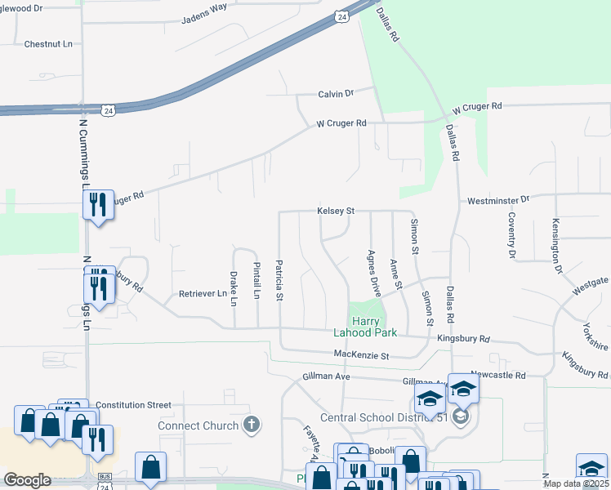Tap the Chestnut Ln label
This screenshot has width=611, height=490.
pos(48,43)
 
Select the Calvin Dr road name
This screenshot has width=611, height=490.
pos(335,94)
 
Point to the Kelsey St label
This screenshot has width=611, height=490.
pos(336,211)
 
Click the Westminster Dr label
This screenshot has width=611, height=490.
pos(498,199)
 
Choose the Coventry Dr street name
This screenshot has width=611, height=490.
pos(511,235)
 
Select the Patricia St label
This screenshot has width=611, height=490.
pos(279,280)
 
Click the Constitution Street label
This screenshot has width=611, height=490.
pos(133,405)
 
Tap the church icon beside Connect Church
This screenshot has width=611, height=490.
pos(252,425)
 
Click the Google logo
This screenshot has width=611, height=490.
pos(27,480)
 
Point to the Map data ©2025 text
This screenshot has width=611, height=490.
pos(575,483)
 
